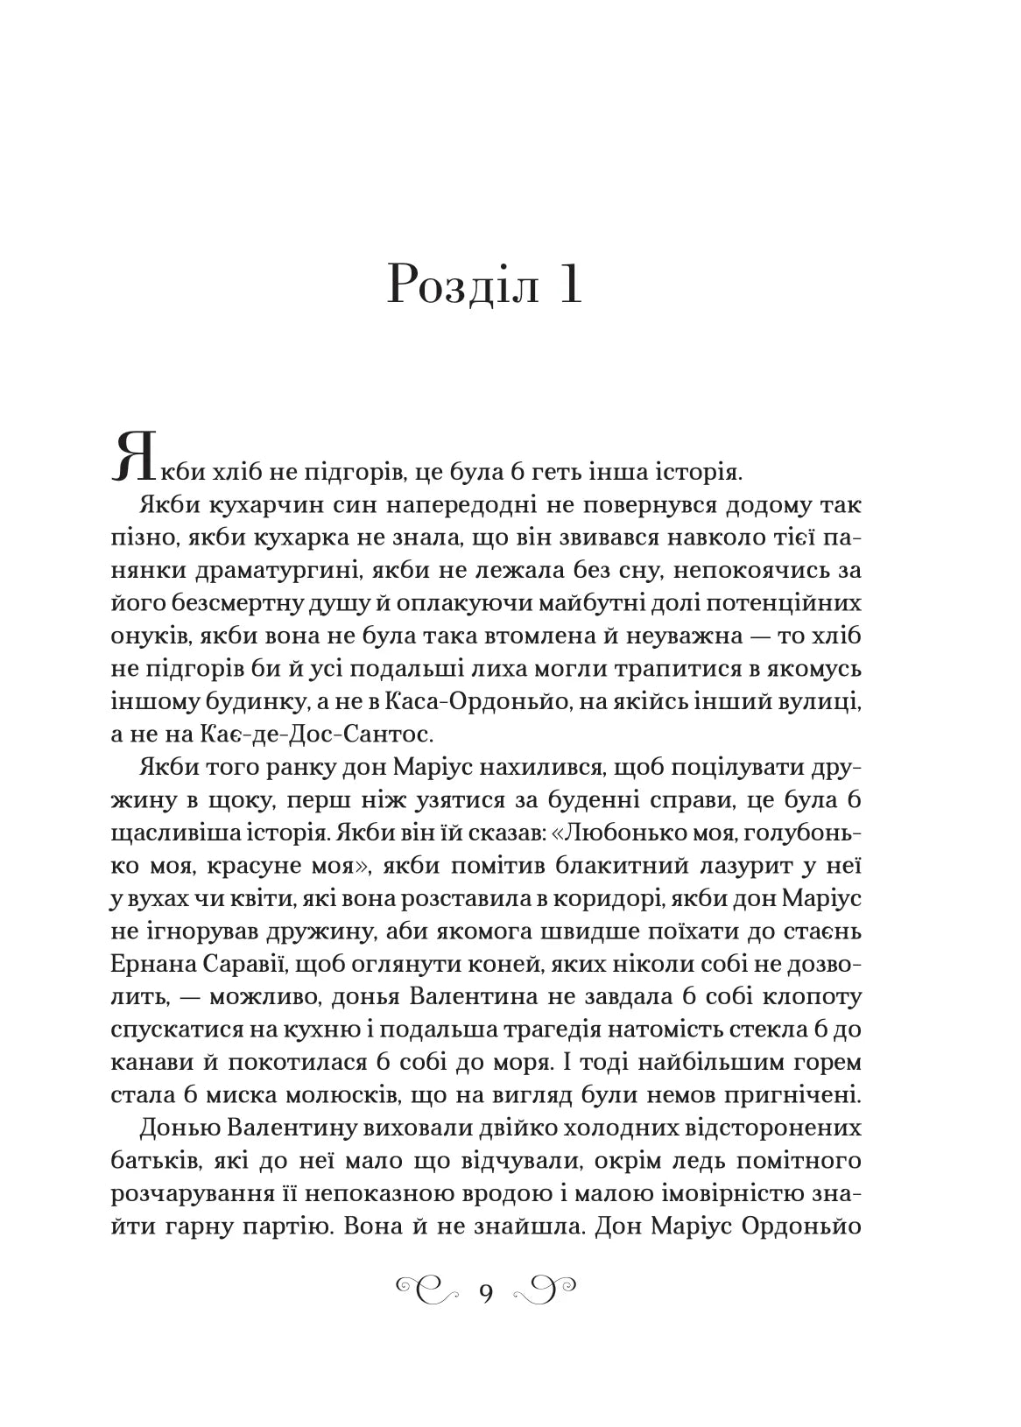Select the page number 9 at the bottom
tap(487, 1290)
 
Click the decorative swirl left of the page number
tap(428, 1290)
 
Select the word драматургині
tap(255, 571)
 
